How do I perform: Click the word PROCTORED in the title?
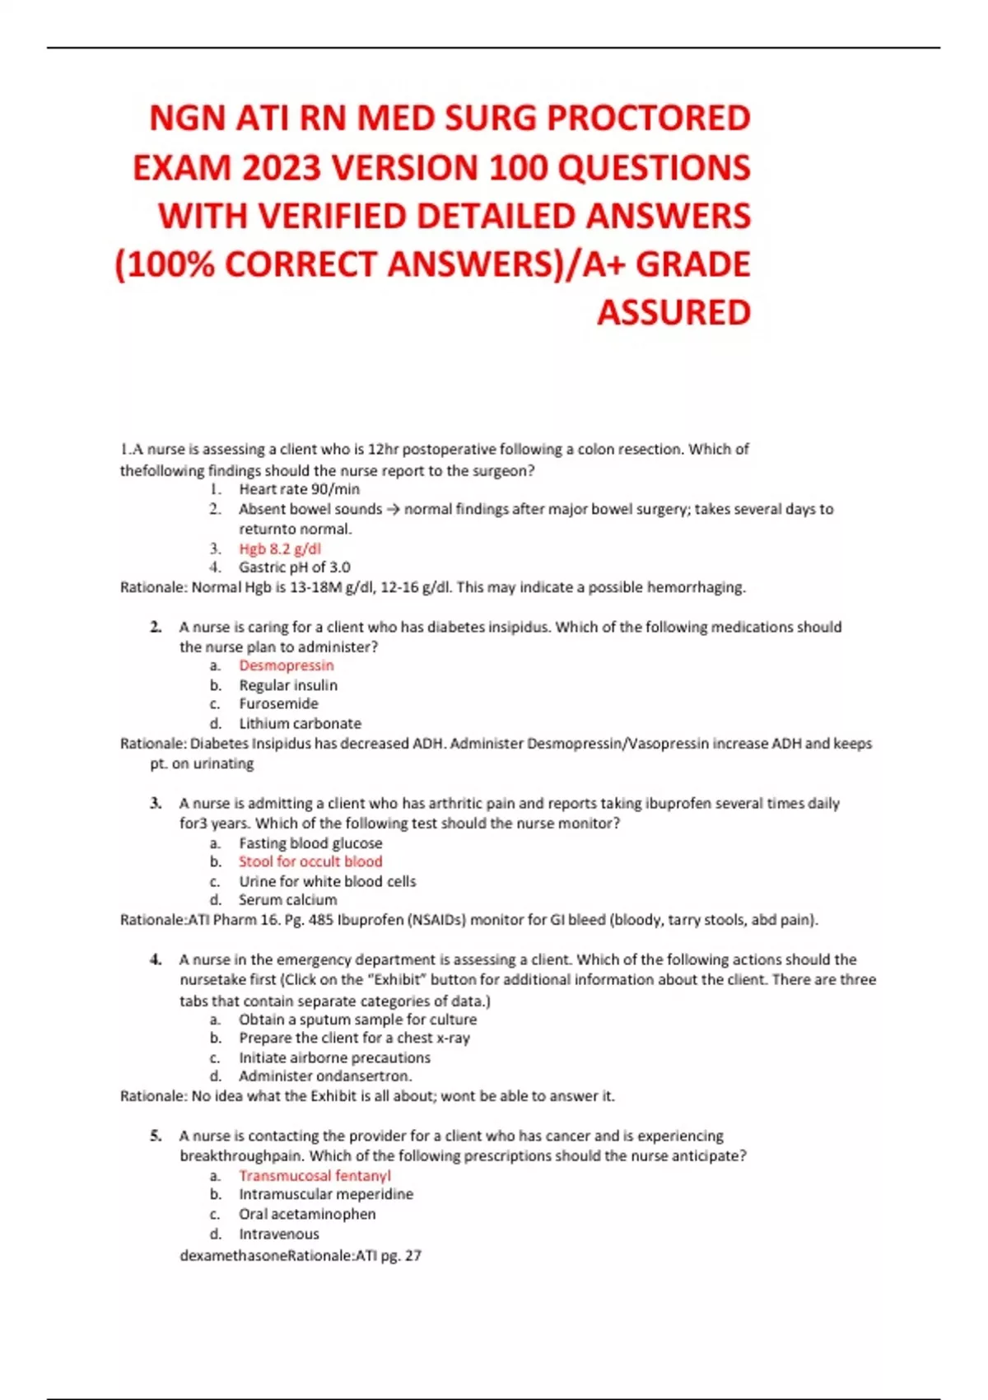(648, 119)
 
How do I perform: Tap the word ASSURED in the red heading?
(673, 313)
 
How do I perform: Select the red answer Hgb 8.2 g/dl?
(280, 548)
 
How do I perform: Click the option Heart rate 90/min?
(299, 489)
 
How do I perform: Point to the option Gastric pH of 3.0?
(294, 567)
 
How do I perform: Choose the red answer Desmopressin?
(287, 665)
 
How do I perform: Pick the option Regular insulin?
(288, 685)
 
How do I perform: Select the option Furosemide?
(278, 704)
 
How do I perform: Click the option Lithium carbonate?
(300, 724)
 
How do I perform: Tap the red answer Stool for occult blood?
(310, 861)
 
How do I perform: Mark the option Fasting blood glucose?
(310, 843)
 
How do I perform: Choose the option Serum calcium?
(287, 900)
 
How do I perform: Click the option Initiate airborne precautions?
(334, 1057)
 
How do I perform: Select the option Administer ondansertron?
(325, 1076)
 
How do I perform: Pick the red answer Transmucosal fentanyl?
(315, 1176)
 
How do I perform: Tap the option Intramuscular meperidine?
(326, 1194)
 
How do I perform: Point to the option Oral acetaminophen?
(307, 1214)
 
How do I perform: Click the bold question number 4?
(156, 959)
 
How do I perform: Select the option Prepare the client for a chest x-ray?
(354, 1038)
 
